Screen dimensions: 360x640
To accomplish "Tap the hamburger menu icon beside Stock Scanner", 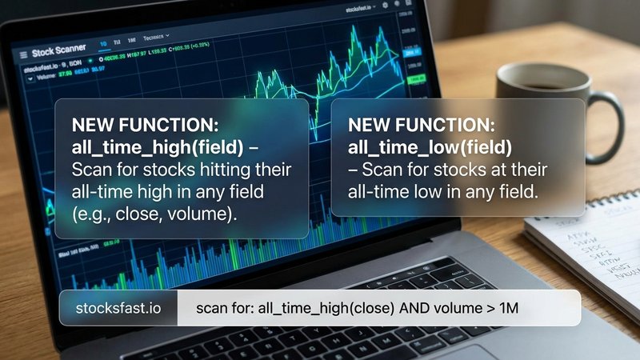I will tap(23, 53).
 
